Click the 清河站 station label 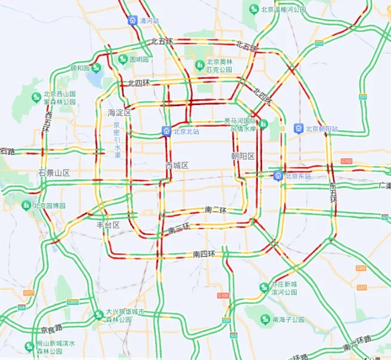pyautogui.click(x=149, y=20)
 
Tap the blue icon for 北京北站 pyautogui.click(x=165, y=131)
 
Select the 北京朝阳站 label pyautogui.click(x=322, y=128)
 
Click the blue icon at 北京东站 pyautogui.click(x=278, y=176)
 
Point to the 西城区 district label pyautogui.click(x=177, y=165)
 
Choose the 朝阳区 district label pyautogui.click(x=243, y=156)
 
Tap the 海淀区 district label pyautogui.click(x=119, y=112)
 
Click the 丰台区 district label pyautogui.click(x=108, y=225)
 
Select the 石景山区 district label pyautogui.click(x=54, y=173)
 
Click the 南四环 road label pyautogui.click(x=204, y=254)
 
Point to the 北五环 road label pyautogui.click(x=161, y=41)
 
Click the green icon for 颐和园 pyautogui.click(x=96, y=68)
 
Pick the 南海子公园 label pyautogui.click(x=288, y=319)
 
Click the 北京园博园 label pyautogui.click(x=49, y=205)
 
